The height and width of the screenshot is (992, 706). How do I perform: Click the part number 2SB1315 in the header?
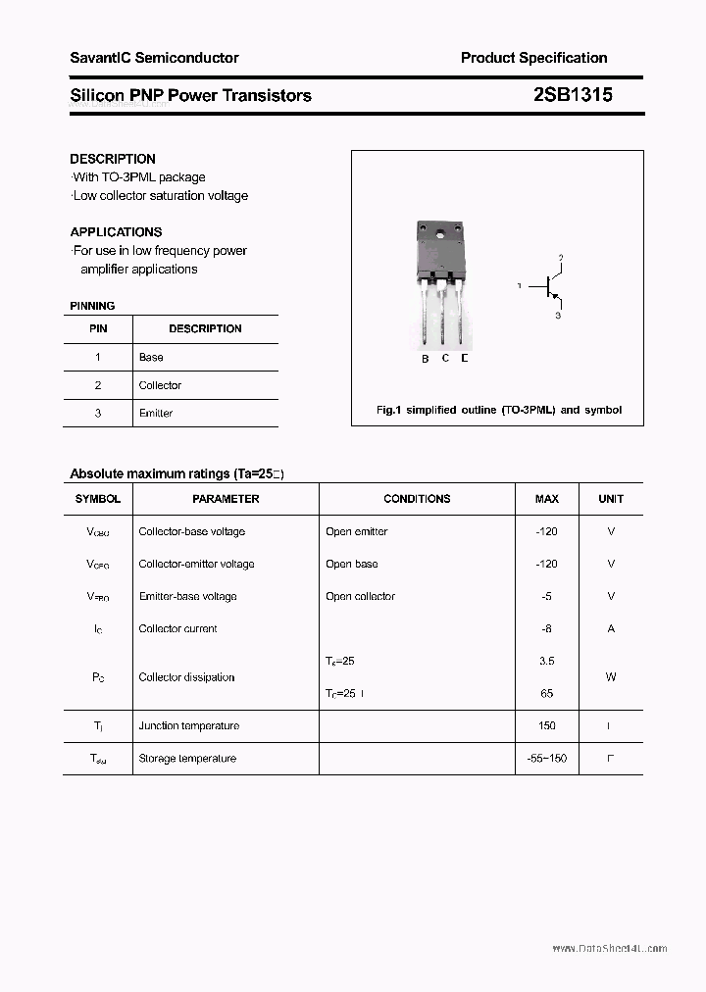coord(574,95)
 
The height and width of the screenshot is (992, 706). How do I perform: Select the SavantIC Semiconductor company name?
coord(154,58)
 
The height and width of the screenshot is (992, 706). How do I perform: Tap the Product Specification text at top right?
coord(533,58)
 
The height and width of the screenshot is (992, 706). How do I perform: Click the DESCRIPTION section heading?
coord(113,159)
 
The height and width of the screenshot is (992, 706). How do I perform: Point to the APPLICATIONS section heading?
coord(116,232)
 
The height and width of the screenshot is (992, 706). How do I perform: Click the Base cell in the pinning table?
coord(151,358)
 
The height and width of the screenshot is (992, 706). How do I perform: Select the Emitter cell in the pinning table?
coord(155,414)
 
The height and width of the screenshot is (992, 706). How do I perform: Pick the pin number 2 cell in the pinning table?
coord(98,385)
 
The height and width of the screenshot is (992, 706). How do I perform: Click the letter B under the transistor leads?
coord(425,359)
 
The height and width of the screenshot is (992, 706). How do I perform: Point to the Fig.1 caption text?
coord(499,410)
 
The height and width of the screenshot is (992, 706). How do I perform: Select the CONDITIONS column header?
coord(417,499)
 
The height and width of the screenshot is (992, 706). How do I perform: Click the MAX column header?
coord(546,499)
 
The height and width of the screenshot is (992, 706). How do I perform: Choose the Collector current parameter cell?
coord(177,629)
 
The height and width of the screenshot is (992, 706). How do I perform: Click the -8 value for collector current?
coord(546,629)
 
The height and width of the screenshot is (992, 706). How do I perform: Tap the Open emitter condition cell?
coord(356,532)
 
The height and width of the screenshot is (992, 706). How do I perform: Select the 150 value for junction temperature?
coord(546,726)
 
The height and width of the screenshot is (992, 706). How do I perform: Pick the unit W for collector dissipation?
coord(611,677)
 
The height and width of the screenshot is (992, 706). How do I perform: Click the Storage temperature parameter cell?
coord(187,759)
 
